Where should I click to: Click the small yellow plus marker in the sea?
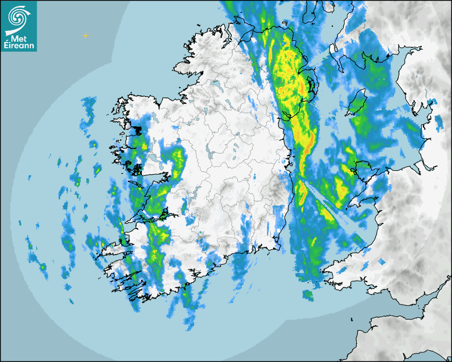(85, 36)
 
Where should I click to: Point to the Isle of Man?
(357, 102)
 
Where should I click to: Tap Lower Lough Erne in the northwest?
(216, 84)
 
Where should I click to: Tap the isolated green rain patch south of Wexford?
(308, 294)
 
